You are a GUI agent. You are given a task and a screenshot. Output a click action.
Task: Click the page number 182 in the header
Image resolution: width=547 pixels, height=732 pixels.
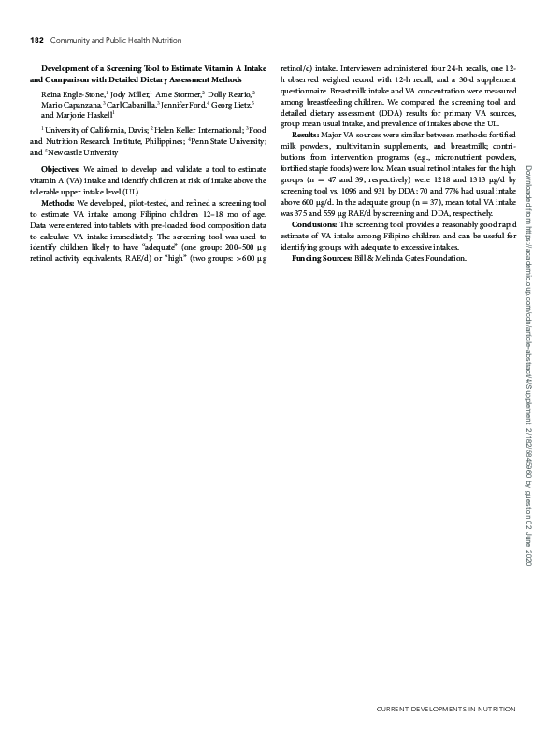37,40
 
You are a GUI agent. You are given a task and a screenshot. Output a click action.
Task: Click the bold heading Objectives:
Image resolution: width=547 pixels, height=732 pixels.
61,169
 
